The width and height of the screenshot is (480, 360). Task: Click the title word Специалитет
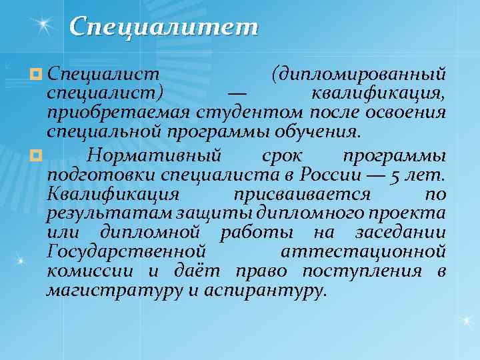click(163, 27)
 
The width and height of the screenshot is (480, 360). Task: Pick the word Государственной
click(125, 252)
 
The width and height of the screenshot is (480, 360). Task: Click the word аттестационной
click(363, 252)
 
